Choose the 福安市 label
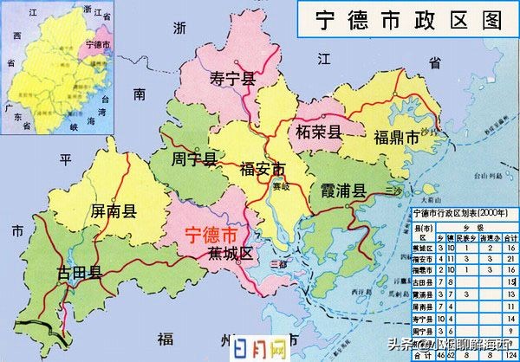263,168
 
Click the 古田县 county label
80,273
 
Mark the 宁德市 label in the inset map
99,44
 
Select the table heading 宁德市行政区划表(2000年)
461,210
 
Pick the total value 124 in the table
510,354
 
